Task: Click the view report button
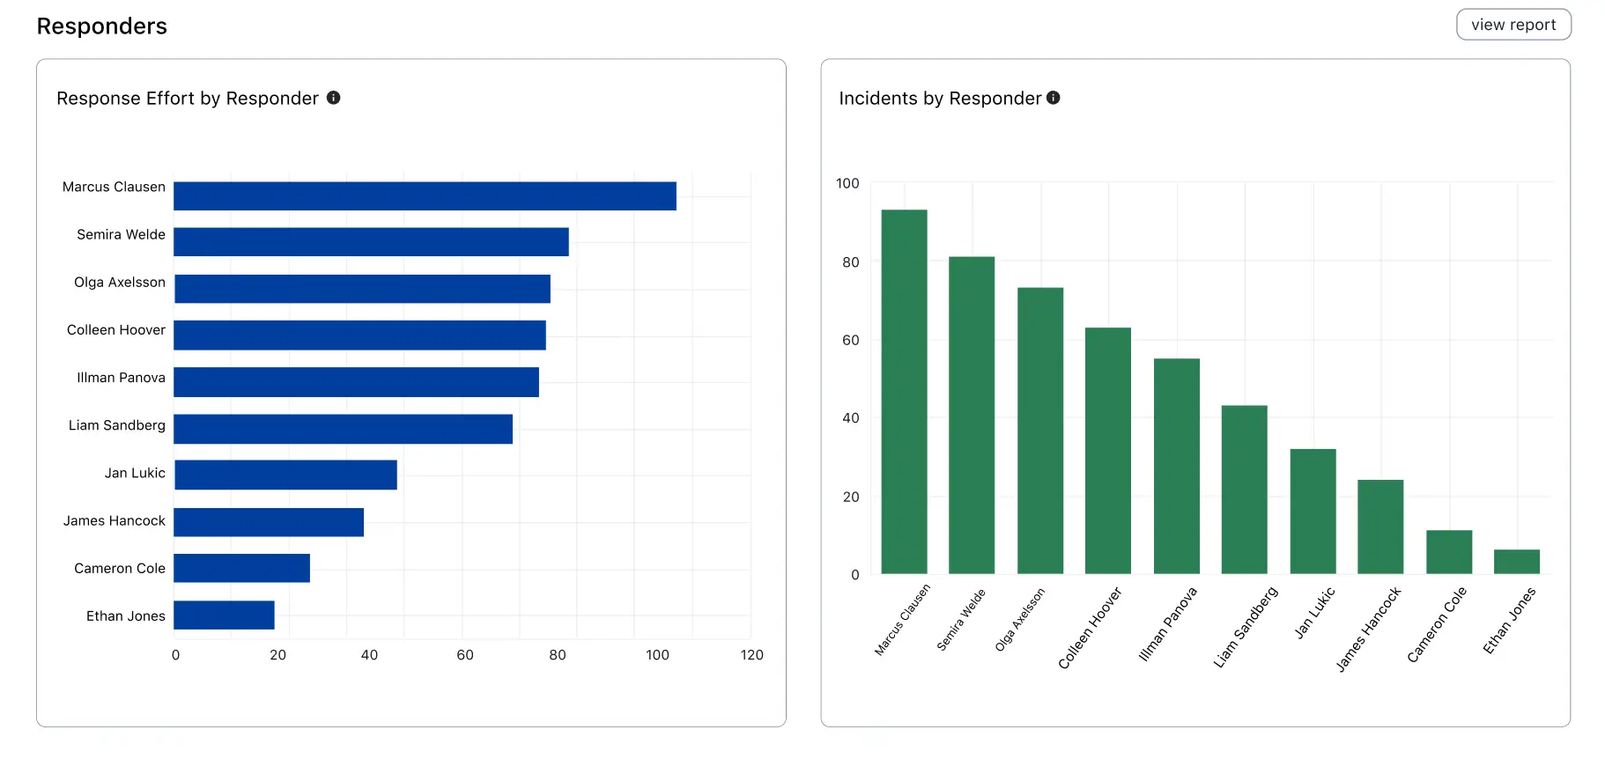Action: tap(1513, 25)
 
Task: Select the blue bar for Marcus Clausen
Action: tap(425, 196)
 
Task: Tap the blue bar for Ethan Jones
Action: tap(224, 615)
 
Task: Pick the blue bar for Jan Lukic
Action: tap(285, 475)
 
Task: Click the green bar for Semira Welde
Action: tap(971, 415)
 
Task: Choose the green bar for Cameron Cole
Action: tap(1448, 552)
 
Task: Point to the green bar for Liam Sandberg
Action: tap(1244, 490)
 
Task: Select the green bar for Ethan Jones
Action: tap(1516, 562)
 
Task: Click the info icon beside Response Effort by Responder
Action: tap(334, 98)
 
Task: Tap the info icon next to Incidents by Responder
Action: tap(1053, 98)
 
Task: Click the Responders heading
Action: tap(102, 26)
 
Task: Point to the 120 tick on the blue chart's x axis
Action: tap(751, 655)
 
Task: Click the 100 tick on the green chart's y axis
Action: tap(847, 184)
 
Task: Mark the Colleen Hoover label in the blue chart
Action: tap(116, 330)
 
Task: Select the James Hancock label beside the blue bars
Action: tap(115, 521)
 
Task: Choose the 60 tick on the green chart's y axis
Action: tap(850, 341)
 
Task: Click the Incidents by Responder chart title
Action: tap(940, 99)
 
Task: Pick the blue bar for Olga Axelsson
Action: tap(362, 289)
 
